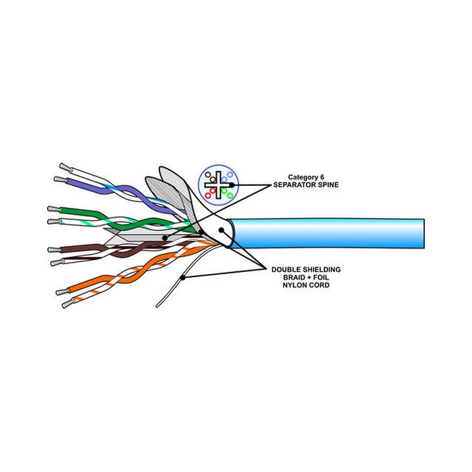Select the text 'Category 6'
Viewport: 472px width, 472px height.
[306, 177]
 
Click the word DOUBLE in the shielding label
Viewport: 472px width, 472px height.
[285, 269]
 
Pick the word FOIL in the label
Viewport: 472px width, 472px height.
[322, 277]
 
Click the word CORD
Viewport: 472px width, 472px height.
[319, 285]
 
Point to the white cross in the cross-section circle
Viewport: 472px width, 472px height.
[218, 185]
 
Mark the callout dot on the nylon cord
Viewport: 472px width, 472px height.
[183, 278]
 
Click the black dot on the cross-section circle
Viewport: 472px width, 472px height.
[232, 185]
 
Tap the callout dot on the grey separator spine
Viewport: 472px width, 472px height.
[164, 238]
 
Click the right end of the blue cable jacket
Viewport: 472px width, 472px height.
[424, 234]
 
